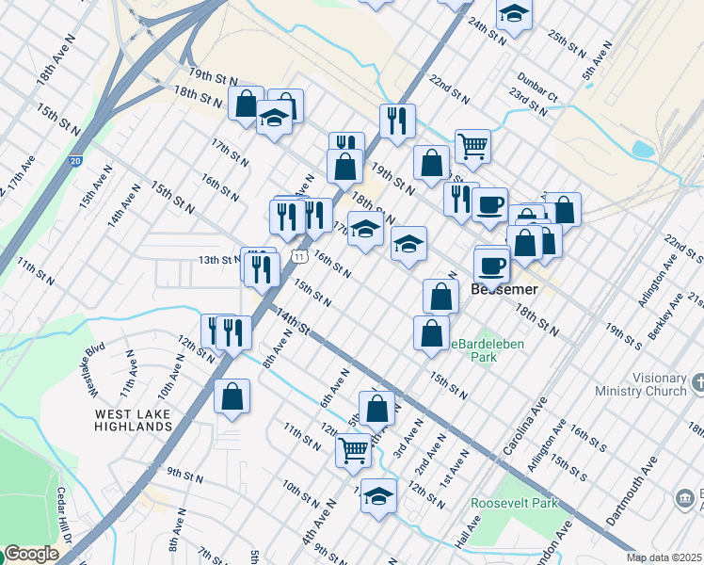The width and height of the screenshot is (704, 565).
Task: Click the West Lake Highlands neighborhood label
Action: (x=133, y=419)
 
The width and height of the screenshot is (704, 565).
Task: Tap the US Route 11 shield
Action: (x=298, y=255)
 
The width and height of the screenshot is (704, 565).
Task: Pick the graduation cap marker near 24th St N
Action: (x=514, y=13)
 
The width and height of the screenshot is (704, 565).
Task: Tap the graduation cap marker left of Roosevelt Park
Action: (x=378, y=494)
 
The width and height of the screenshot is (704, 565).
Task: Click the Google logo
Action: (x=30, y=555)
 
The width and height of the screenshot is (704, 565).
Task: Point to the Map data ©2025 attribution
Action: (x=664, y=557)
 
